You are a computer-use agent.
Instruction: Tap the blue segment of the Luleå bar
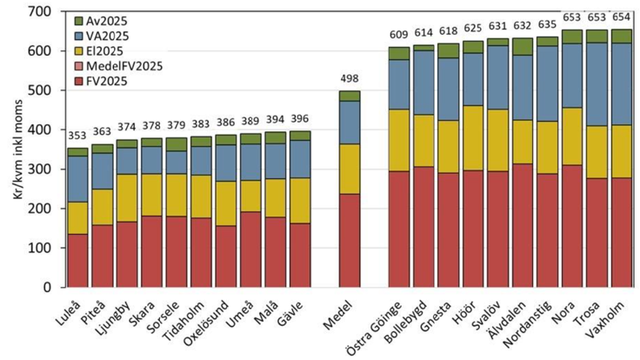click(x=78, y=178)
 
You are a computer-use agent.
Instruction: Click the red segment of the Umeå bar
click(x=250, y=249)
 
